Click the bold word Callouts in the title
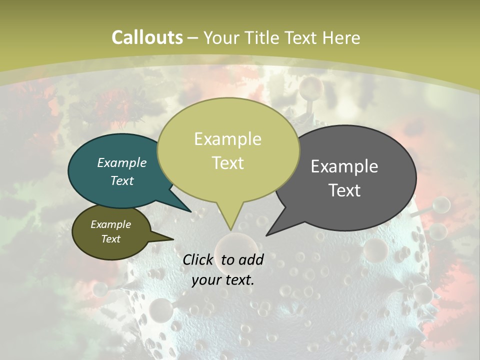[147, 37]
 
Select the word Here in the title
[341, 37]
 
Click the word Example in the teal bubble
[122, 162]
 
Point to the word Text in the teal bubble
[122, 180]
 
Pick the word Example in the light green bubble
[227, 139]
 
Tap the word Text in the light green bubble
[227, 163]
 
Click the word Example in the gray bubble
[344, 166]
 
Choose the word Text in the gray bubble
[344, 190]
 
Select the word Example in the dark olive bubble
[111, 224]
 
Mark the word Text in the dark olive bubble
[111, 239]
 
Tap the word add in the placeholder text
[250, 259]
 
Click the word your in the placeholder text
[206, 280]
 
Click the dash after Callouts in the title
[193, 37]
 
